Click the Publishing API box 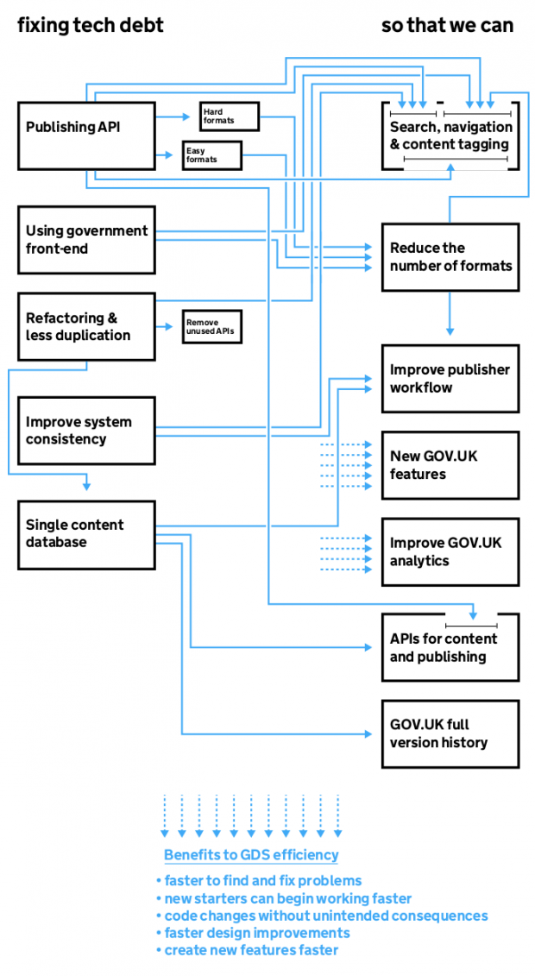tap(86, 135)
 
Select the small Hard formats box tap(229, 116)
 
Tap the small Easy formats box tap(211, 155)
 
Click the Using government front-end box tap(86, 240)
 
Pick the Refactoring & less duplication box tap(86, 326)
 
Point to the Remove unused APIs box tap(211, 326)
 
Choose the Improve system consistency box tap(86, 431)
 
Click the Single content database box tap(86, 534)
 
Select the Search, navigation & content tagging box tap(450, 135)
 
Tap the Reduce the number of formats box tap(450, 256)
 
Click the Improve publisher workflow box tap(450, 378)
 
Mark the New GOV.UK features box tap(450, 465)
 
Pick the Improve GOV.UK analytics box tap(450, 551)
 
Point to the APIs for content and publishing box tap(450, 647)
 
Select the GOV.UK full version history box tap(450, 734)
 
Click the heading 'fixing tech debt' tap(91, 26)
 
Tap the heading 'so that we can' tap(447, 26)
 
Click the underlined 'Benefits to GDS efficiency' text tap(251, 855)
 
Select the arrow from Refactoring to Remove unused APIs tap(167, 327)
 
